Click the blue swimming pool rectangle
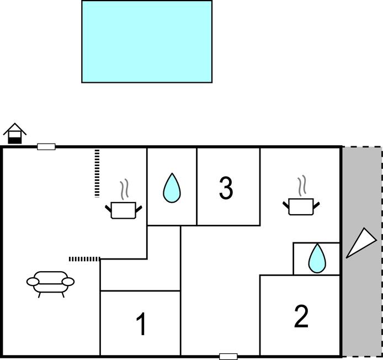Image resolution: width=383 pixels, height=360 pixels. pos(147,41)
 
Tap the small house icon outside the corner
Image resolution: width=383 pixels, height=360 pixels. pos(15,134)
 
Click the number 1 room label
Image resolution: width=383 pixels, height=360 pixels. pos(141,324)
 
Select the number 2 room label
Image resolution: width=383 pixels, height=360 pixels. pos(301,317)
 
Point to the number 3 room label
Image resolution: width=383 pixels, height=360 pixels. pos(226,188)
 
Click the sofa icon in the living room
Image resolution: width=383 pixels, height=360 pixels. pos(50,282)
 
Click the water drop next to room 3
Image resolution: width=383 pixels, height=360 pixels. pos(172,188)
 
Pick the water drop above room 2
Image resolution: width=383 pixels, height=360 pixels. pos(316,258)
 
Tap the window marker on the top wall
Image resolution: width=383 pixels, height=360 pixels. pos(46,146)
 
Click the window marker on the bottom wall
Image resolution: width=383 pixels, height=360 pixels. pos(228,356)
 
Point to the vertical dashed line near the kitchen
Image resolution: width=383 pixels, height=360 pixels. pos(97,173)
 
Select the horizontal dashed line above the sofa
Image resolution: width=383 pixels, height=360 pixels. pos(84,258)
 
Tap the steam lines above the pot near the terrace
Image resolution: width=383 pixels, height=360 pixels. pos(302,186)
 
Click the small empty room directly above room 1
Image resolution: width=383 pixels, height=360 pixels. pos(140,274)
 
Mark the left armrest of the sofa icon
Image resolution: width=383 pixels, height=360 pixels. pos(34,282)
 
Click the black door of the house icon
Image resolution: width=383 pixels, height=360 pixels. pos(15,140)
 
